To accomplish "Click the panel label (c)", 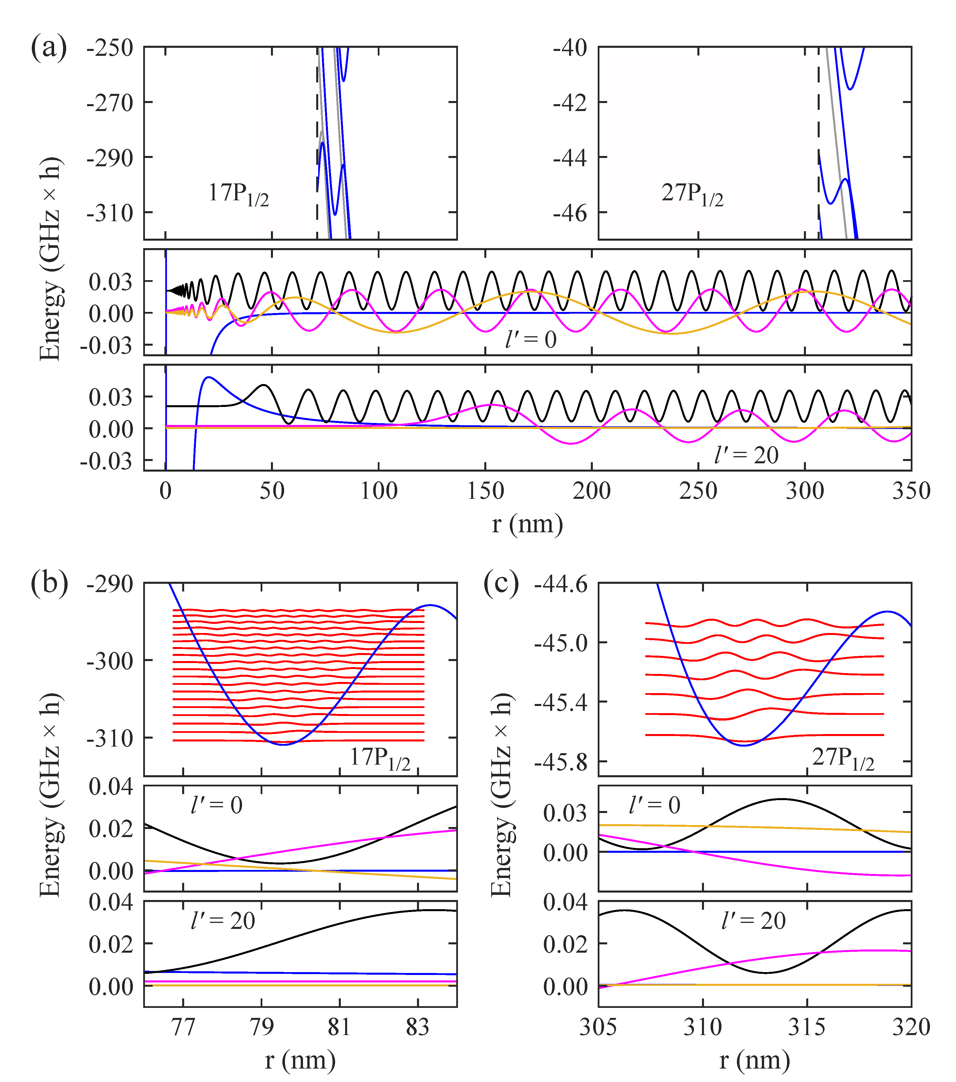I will pyautogui.click(x=501, y=584).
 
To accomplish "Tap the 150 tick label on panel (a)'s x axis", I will pyautogui.click(x=485, y=492).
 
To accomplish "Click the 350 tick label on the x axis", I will pyautogui.click(x=911, y=492).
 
